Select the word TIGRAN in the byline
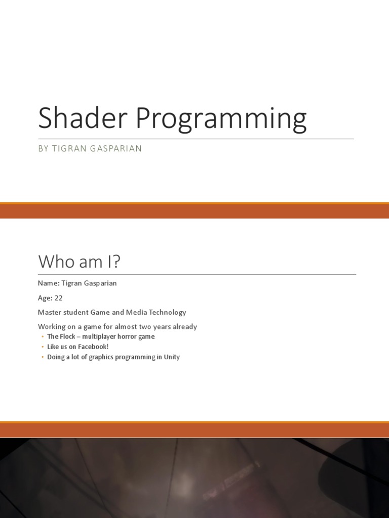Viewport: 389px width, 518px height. pyautogui.click(x=68, y=149)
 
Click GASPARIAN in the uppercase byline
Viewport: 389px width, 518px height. pyautogui.click(x=116, y=149)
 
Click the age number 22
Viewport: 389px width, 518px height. pyautogui.click(x=58, y=298)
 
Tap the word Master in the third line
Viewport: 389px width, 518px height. pyautogui.click(x=50, y=312)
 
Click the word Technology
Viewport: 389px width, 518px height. pyautogui.click(x=165, y=312)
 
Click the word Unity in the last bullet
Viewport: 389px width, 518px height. pyautogui.click(x=171, y=357)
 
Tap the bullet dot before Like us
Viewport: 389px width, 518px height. pyautogui.click(x=42, y=347)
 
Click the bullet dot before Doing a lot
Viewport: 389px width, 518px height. pyautogui.click(x=42, y=357)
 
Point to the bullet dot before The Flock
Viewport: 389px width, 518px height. pyautogui.click(x=42, y=337)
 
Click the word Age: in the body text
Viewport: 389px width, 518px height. pyautogui.click(x=45, y=298)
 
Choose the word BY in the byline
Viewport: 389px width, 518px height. pyautogui.click(x=43, y=149)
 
